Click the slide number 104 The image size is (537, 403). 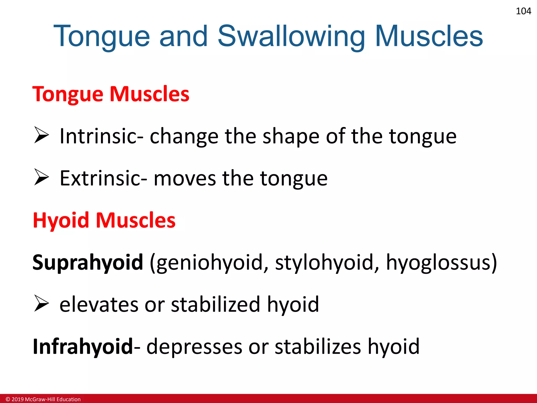523,11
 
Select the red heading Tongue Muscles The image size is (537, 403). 111,94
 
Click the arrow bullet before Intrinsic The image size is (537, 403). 41,135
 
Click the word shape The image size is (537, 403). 291,136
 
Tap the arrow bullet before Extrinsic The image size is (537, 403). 41,177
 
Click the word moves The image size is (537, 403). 185,178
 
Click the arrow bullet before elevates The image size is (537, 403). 41,303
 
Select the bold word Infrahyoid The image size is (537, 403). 83,346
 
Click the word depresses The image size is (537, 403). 194,347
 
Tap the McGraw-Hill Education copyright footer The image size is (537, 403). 43,399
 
